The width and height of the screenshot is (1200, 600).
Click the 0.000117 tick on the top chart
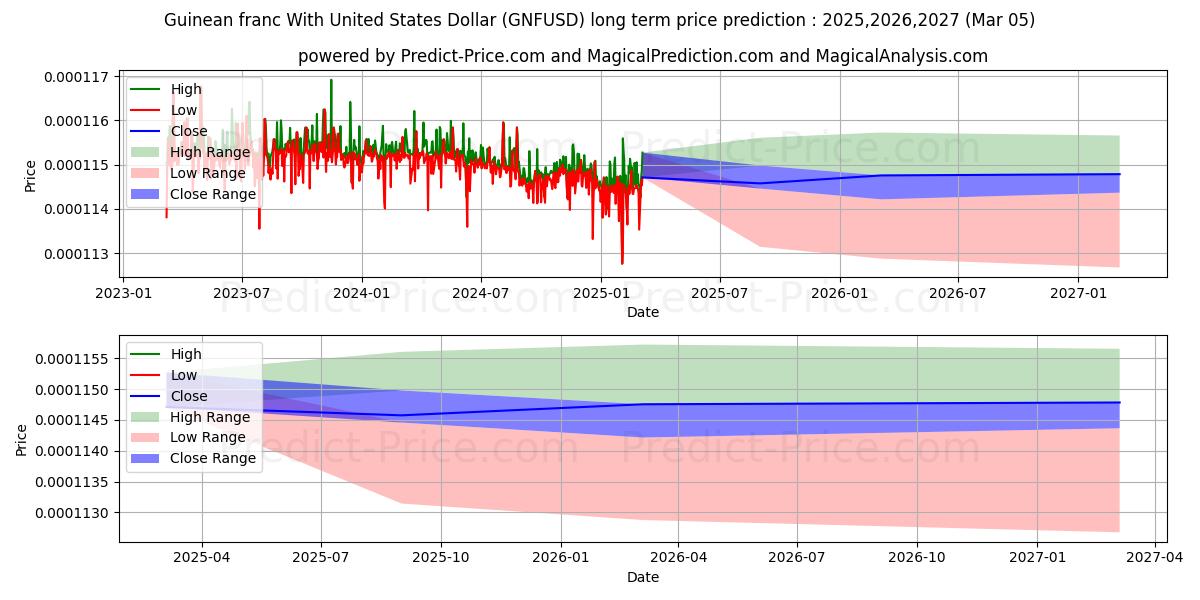[80, 77]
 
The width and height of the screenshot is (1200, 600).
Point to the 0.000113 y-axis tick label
[80, 253]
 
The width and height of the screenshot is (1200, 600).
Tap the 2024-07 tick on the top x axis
[481, 293]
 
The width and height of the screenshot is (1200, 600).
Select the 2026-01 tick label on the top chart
[839, 293]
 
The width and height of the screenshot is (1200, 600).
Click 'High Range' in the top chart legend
[210, 152]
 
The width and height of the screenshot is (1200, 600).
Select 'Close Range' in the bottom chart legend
[213, 458]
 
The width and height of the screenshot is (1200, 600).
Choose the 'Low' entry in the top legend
[185, 110]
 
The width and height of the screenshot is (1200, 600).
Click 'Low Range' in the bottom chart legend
[208, 437]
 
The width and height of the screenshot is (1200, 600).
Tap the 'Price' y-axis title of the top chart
[30, 175]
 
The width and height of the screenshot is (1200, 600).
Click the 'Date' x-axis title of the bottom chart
[643, 577]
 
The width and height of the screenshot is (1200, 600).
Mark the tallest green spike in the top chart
[331, 80]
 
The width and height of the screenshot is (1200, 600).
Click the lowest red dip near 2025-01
[622, 263]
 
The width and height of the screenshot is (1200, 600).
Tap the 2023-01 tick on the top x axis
[122, 293]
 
